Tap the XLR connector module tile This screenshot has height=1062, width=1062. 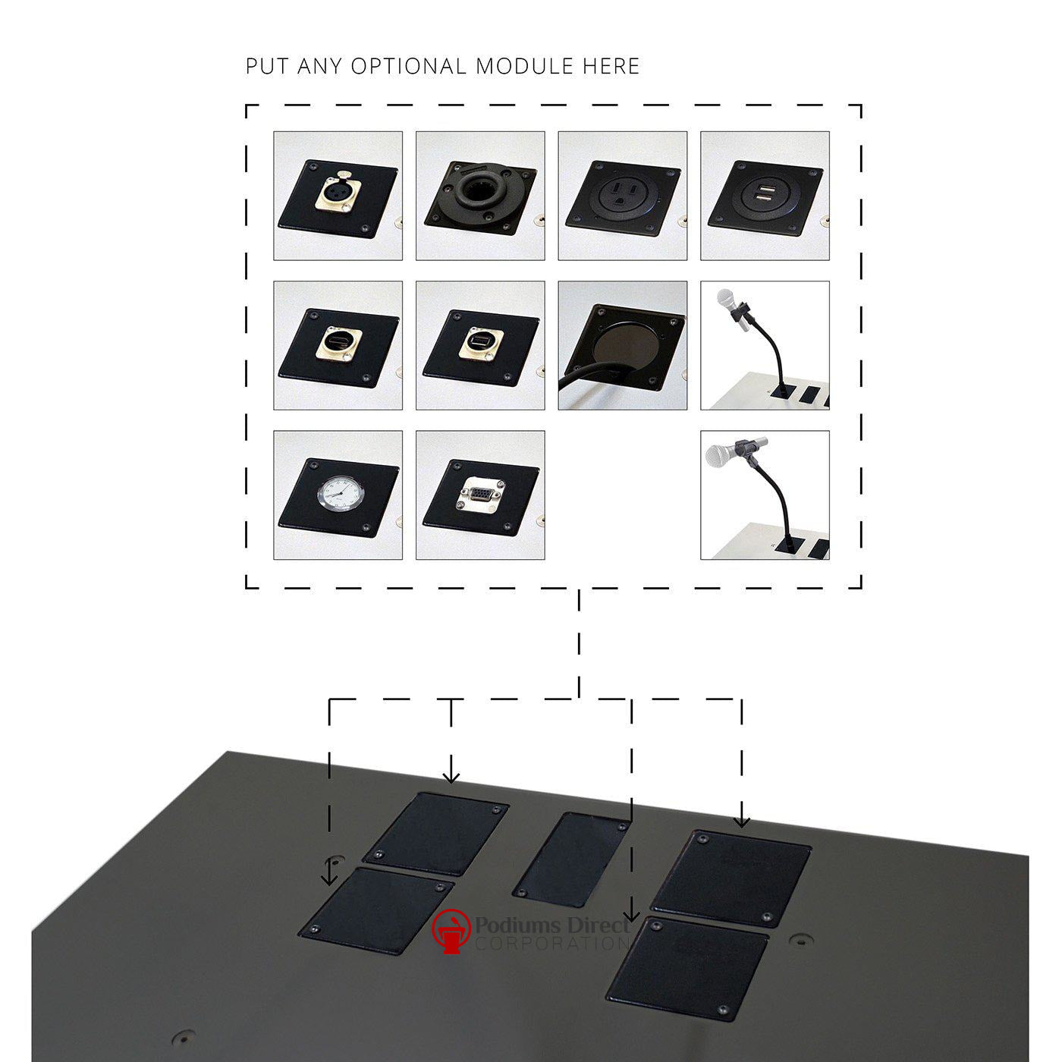pyautogui.click(x=338, y=196)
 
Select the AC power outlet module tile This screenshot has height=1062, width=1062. pyautogui.click(x=622, y=196)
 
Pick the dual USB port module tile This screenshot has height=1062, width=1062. pyautogui.click(x=765, y=196)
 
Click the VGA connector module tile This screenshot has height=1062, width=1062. pyautogui.click(x=480, y=495)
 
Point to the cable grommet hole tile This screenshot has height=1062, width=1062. pyautogui.click(x=622, y=346)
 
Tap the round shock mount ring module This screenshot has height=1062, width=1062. pyautogui.click(x=480, y=196)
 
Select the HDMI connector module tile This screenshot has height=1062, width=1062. pyautogui.click(x=338, y=346)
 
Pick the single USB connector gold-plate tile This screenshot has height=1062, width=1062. pyautogui.click(x=480, y=346)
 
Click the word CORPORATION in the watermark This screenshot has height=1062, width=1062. pyautogui.click(x=552, y=944)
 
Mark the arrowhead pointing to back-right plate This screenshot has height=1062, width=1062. pyautogui.click(x=742, y=821)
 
